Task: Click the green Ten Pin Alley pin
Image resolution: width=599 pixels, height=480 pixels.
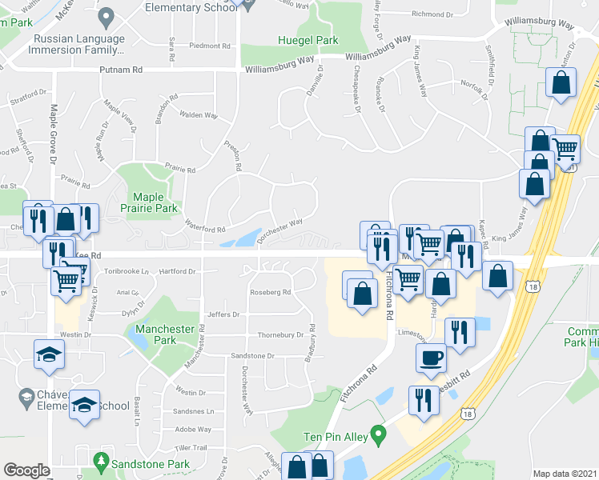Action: [x=380, y=434]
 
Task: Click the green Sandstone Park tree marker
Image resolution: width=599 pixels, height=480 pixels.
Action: [x=101, y=461]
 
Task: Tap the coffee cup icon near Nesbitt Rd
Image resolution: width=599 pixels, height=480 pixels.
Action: [x=431, y=357]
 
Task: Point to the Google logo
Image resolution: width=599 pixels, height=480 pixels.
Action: [x=26, y=470]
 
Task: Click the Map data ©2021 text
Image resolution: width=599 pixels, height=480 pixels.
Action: [x=565, y=474]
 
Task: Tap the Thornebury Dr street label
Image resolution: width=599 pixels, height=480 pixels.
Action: [x=280, y=334]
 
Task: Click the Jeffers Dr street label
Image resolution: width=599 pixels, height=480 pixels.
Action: [x=223, y=314]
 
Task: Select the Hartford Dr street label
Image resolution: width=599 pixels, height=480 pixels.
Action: [x=177, y=271]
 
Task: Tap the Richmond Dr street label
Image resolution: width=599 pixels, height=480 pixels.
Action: [x=432, y=14]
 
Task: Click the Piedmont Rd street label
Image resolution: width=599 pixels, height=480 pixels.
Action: [x=210, y=46]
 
